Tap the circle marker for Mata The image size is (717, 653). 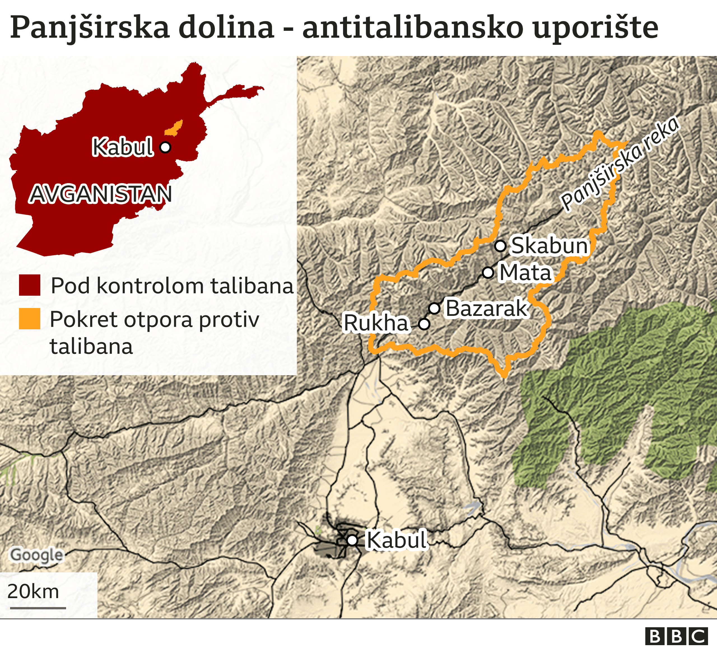(488, 272)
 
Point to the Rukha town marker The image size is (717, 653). (424, 324)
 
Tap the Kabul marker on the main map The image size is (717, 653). (352, 540)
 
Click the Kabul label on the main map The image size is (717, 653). (396, 540)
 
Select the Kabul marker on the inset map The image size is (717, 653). (165, 147)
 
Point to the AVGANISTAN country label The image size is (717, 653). (101, 194)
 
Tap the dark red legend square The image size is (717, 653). (29, 285)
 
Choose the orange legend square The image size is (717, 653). (29, 319)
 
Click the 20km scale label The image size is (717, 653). (33, 591)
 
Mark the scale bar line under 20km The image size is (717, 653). (38, 608)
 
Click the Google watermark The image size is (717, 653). (37, 555)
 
